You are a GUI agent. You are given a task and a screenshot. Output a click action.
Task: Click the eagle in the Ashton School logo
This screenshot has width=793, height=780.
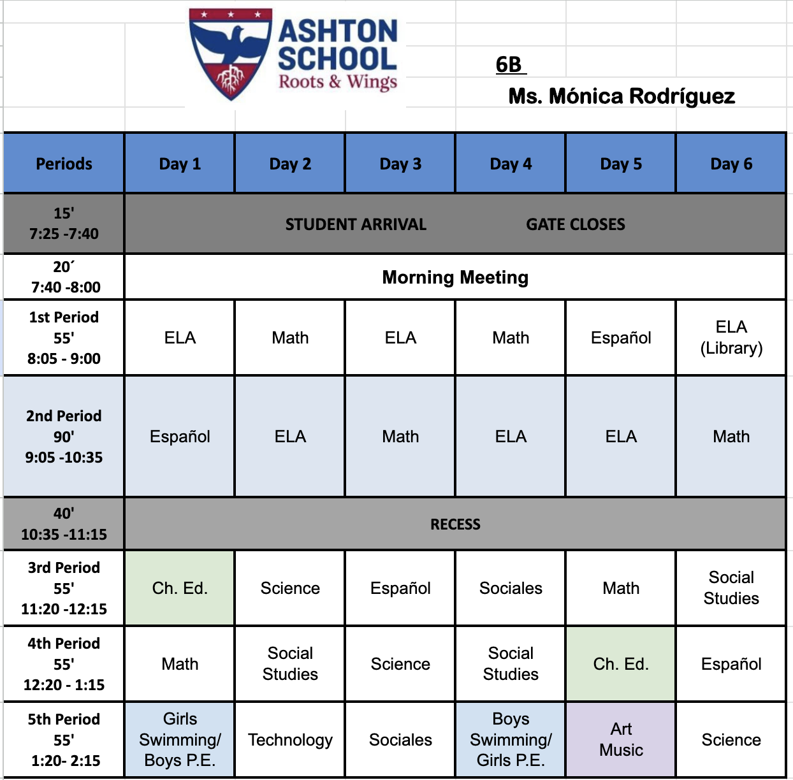231,45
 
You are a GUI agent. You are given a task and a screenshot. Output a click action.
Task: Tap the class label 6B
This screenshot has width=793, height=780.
509,64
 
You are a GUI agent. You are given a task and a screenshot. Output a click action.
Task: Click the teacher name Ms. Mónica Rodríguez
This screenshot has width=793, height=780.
622,96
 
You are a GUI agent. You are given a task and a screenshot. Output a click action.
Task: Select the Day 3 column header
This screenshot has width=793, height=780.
400,164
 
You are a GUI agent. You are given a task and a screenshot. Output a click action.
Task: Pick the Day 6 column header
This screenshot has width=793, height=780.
731,164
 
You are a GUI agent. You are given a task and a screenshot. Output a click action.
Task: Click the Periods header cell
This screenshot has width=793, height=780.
64,164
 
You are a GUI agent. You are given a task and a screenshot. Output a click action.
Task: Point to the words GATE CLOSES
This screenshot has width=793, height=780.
576,224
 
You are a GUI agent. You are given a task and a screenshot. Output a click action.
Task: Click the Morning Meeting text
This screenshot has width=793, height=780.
455,277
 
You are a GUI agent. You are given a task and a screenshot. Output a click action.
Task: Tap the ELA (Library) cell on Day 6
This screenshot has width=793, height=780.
731,338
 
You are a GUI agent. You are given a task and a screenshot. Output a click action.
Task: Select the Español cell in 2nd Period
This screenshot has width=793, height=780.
180,437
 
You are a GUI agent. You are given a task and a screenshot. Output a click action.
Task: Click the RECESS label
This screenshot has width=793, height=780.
455,524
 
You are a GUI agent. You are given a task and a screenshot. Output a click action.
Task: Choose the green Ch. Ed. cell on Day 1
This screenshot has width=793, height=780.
180,588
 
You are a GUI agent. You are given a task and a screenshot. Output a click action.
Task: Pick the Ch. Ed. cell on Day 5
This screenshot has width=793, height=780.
621,664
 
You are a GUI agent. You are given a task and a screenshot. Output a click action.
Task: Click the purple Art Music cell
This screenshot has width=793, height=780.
621,740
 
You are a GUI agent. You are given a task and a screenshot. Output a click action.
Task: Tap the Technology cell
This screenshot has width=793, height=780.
290,740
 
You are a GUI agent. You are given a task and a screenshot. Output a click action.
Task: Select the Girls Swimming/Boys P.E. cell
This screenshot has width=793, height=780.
180,740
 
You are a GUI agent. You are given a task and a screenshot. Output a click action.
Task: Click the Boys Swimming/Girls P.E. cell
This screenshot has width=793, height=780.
511,740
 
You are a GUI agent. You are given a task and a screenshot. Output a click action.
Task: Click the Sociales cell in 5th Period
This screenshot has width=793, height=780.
400,740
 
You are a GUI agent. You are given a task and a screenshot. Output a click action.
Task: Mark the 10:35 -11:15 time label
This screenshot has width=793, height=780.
64,535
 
